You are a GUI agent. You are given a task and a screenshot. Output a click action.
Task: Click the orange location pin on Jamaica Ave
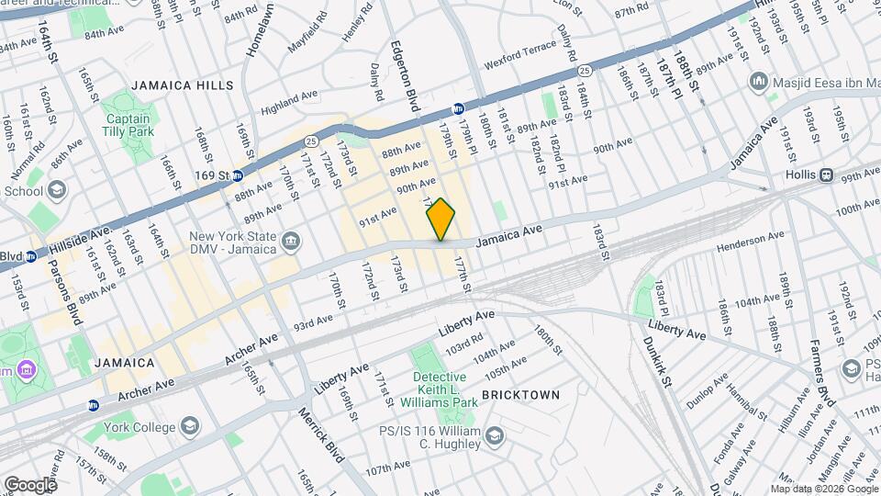pyautogui.click(x=441, y=219)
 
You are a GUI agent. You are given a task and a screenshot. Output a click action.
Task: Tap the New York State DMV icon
pyautogui.click(x=292, y=241)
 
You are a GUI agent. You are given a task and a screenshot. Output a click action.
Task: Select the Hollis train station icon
pyautogui.click(x=826, y=175)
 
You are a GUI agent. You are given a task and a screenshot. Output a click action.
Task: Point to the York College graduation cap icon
pyautogui.click(x=189, y=427)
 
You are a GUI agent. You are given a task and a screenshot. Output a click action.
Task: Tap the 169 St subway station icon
pyautogui.click(x=237, y=175)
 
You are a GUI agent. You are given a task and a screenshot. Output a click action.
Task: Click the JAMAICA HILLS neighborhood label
pyautogui.click(x=183, y=85)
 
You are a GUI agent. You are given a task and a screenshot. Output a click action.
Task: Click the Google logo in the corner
pyautogui.click(x=30, y=484)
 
